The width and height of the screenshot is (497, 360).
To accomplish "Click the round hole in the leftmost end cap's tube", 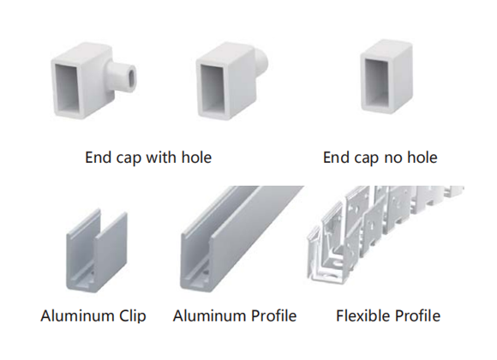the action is tap(131, 76).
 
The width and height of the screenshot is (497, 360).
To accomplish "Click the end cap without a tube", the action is tap(386, 76).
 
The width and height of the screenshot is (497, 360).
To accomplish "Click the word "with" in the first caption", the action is tap(160, 158).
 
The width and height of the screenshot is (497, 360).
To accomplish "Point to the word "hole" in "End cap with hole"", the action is tap(196, 158).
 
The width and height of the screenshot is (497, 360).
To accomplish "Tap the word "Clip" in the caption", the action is tap(133, 316).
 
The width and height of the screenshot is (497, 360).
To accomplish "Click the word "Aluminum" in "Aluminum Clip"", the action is tap(77, 316).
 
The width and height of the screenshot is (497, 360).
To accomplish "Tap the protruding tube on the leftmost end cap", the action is tap(122, 77).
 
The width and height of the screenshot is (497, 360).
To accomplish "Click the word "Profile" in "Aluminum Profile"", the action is tap(273, 316).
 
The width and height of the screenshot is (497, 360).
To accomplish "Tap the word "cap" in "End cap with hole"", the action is tap(128, 159).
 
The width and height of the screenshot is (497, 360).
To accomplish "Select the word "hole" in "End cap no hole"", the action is tap(422, 158).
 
